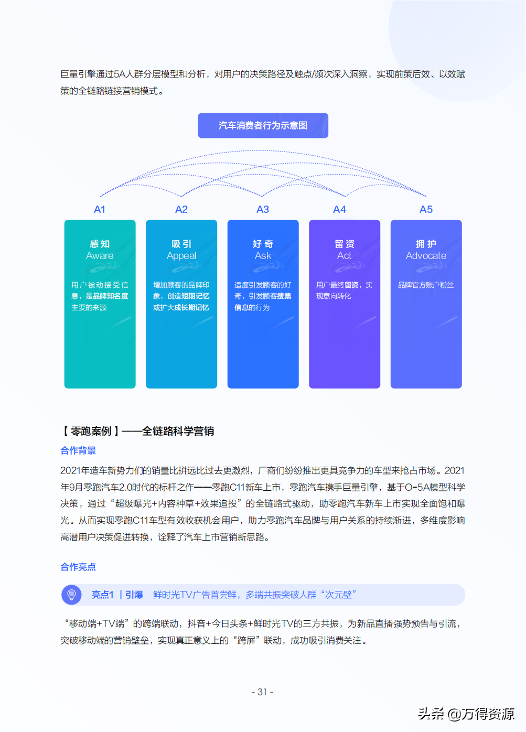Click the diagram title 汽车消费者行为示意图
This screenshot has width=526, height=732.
263,126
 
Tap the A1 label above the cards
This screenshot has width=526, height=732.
100,210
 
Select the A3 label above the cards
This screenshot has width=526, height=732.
263,210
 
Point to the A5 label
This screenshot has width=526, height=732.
426,210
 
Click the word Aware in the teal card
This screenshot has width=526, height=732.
100,256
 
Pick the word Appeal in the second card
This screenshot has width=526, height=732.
181,256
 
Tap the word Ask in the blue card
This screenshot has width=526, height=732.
263,256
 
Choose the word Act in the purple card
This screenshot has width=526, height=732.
344,256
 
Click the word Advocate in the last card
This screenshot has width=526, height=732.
426,256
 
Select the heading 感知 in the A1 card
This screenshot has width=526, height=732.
100,244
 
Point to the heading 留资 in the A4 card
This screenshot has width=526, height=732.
345,244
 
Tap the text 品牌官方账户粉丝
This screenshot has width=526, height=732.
426,285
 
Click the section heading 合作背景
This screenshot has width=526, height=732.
78,451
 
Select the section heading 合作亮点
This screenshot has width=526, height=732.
78,567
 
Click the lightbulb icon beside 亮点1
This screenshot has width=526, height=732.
72,595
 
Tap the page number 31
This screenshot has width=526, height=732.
263,692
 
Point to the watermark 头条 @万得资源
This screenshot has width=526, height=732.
466,714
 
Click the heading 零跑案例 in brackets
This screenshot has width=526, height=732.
91,432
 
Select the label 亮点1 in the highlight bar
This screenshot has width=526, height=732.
103,595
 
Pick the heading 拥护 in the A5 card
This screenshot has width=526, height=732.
426,244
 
